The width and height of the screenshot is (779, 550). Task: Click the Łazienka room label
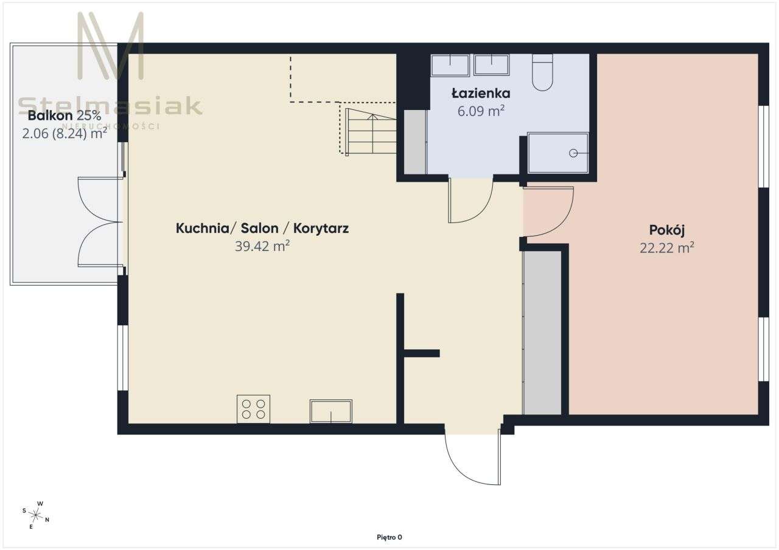click(x=481, y=93)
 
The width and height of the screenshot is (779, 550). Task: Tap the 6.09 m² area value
click(x=481, y=111)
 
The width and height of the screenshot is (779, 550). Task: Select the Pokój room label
click(x=667, y=230)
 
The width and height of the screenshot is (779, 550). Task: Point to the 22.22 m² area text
click(x=667, y=248)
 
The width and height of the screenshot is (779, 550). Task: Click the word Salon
click(x=259, y=228)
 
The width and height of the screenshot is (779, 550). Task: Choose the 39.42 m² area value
click(x=262, y=246)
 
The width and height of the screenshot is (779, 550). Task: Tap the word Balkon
click(x=50, y=115)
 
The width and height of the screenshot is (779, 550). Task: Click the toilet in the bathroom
click(x=542, y=72)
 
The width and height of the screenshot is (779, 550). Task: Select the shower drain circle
click(x=573, y=153)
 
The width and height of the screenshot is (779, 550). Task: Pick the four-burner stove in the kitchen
click(x=253, y=409)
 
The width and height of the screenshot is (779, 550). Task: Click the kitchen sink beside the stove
click(x=330, y=411)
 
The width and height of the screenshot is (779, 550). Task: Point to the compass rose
click(x=35, y=515)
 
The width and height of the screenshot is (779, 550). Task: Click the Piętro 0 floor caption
click(x=389, y=537)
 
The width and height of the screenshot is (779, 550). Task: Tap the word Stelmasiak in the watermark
click(x=110, y=106)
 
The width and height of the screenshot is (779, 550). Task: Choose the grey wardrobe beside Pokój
click(x=542, y=332)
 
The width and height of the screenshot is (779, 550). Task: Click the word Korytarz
click(x=321, y=229)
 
